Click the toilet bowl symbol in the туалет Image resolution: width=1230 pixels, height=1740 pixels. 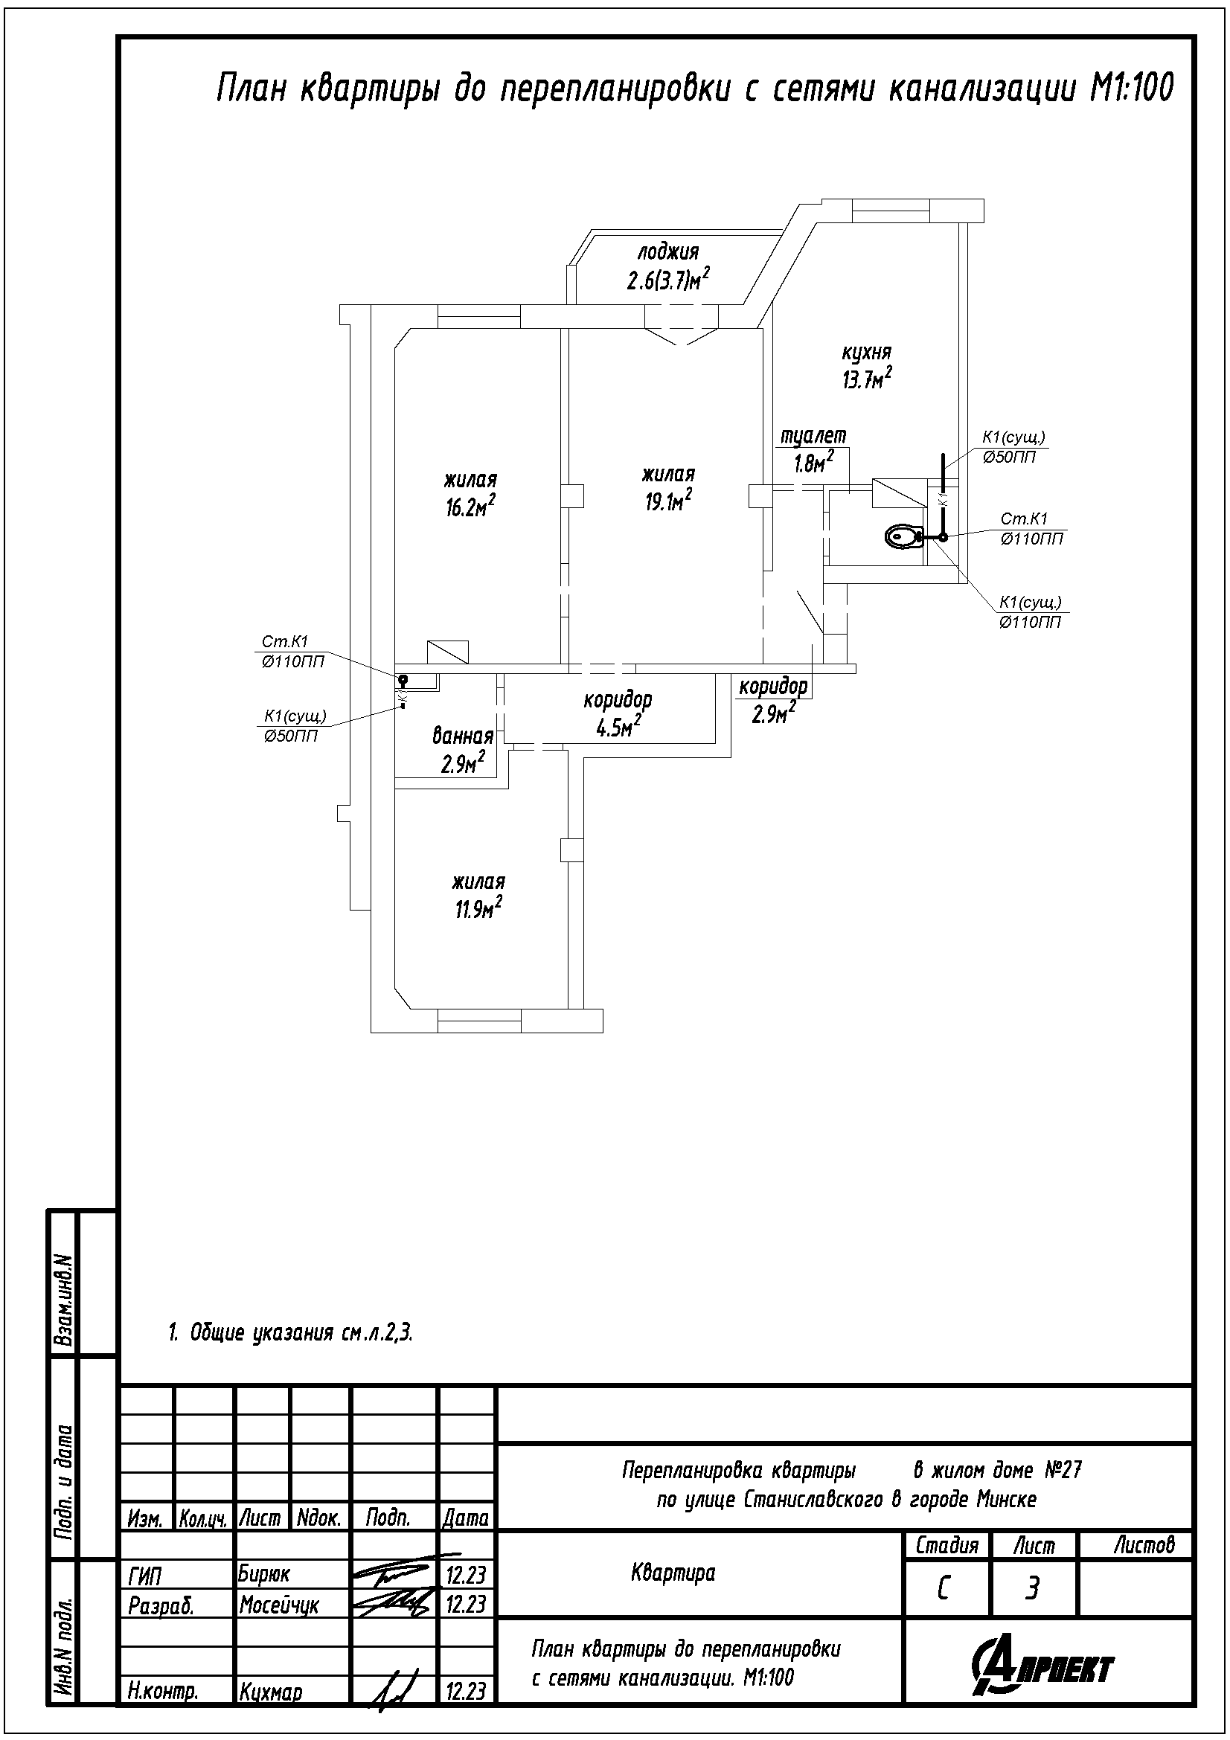tap(903, 536)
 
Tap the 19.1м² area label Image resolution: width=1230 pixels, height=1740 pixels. tap(668, 500)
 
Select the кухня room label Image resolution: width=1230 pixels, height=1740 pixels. tap(866, 353)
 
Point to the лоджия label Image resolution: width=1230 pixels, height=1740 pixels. tap(667, 251)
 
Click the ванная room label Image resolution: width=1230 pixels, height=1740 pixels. tap(463, 735)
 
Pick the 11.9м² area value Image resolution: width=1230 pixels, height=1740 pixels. tap(479, 907)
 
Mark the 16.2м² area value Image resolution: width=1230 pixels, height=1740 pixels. tap(470, 505)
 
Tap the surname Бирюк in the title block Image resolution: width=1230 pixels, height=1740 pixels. tap(263, 1573)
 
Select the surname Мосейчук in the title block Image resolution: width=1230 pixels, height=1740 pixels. tap(279, 1605)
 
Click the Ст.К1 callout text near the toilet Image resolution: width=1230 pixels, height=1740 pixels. tap(1023, 519)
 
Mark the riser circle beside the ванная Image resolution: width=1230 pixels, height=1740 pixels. tap(403, 679)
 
